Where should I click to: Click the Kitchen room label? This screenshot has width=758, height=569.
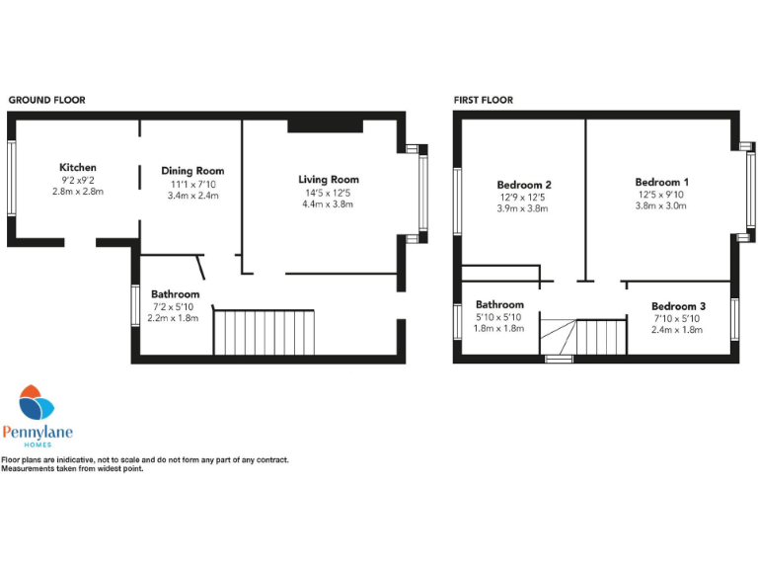(77, 167)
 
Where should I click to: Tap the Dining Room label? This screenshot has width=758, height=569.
(192, 171)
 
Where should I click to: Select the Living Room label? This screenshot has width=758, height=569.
(329, 179)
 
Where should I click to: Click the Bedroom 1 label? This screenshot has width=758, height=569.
(661, 182)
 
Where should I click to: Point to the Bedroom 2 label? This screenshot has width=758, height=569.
(523, 185)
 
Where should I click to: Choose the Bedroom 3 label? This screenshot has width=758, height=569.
(677, 305)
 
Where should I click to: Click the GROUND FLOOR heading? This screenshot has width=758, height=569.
(46, 100)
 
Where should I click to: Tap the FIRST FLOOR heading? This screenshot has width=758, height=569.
(484, 100)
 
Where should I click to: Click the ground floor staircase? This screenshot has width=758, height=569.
(264, 332)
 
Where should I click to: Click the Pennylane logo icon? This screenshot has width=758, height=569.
(38, 403)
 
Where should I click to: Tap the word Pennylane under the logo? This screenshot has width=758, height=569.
(38, 431)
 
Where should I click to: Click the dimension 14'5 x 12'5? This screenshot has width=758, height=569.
(329, 193)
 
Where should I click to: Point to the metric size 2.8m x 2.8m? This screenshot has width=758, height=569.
(77, 192)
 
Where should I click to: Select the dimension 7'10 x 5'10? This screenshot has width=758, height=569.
(677, 318)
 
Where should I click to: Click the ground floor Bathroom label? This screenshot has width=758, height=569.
(175, 293)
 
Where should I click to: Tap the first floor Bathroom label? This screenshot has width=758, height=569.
(499, 304)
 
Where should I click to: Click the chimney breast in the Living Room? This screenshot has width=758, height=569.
(325, 125)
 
